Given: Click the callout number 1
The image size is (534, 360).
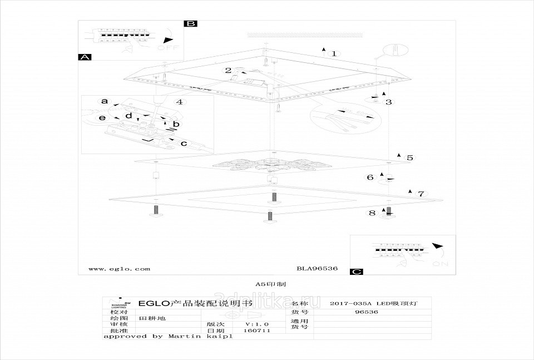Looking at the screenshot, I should click(x=334, y=54).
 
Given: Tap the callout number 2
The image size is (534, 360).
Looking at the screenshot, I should click(x=228, y=70).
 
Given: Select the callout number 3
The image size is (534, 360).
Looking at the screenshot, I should click(x=389, y=102).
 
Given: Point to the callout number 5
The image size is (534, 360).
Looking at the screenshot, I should click(x=410, y=158).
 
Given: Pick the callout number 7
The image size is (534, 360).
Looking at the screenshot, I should click(x=421, y=194).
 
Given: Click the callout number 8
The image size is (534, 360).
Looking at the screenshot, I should click(x=372, y=213).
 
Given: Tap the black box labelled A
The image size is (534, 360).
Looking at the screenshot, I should click(x=85, y=57).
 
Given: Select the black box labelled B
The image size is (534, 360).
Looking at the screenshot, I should click(x=191, y=23).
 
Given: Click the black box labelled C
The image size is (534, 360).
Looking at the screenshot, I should click(x=357, y=272).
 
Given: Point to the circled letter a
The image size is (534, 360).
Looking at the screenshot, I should click(x=103, y=101).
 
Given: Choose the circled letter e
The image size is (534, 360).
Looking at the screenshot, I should click(x=102, y=119).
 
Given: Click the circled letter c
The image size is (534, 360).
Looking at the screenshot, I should click(x=184, y=144).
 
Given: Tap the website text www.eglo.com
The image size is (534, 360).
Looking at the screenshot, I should click(x=119, y=269).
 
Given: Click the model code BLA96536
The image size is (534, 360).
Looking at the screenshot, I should click(x=317, y=269).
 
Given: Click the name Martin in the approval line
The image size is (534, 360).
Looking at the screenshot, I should click(x=186, y=336).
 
